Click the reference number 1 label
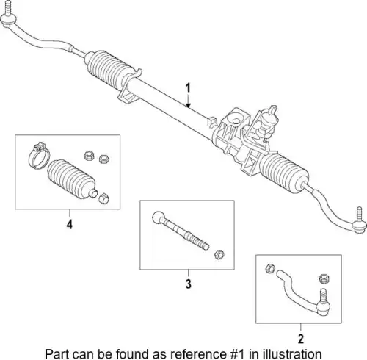point(188,88)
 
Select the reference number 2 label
point(301,339)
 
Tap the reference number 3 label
point(188,284)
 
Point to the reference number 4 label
point(70,224)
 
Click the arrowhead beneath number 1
point(188,106)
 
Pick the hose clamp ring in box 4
point(38,156)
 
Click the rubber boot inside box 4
point(72,179)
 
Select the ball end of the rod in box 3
point(156,217)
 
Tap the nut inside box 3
point(219,254)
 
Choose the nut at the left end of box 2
point(270,269)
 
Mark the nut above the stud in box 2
point(324,278)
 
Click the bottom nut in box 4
point(103,198)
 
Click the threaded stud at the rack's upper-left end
point(8,8)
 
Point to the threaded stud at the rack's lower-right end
point(359,214)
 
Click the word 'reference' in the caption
point(198,353)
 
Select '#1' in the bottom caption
point(237,353)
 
